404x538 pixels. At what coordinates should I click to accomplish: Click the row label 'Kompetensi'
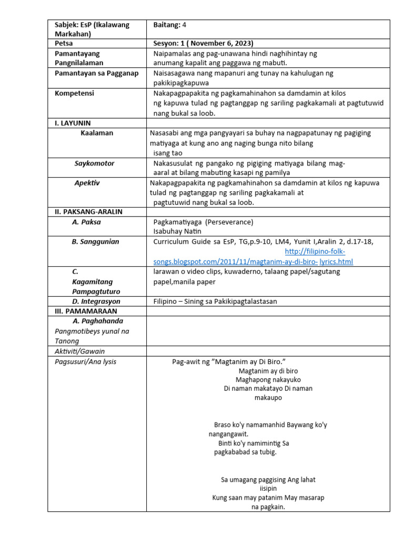[74, 93]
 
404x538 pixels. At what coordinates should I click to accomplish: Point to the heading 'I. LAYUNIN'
[73, 123]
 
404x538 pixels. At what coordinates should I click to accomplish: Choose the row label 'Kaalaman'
[97, 133]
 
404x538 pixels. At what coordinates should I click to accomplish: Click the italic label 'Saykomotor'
[94, 163]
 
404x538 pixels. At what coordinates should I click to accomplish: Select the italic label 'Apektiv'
[87, 183]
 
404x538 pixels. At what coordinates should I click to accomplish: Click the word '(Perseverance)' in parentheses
[229, 222]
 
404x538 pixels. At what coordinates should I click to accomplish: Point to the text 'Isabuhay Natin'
[177, 231]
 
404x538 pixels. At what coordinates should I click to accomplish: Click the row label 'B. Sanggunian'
[95, 242]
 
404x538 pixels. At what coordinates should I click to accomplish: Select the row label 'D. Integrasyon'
[96, 302]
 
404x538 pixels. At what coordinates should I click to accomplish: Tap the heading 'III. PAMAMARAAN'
[86, 311]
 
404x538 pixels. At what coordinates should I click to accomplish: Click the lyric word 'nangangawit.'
[227, 434]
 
